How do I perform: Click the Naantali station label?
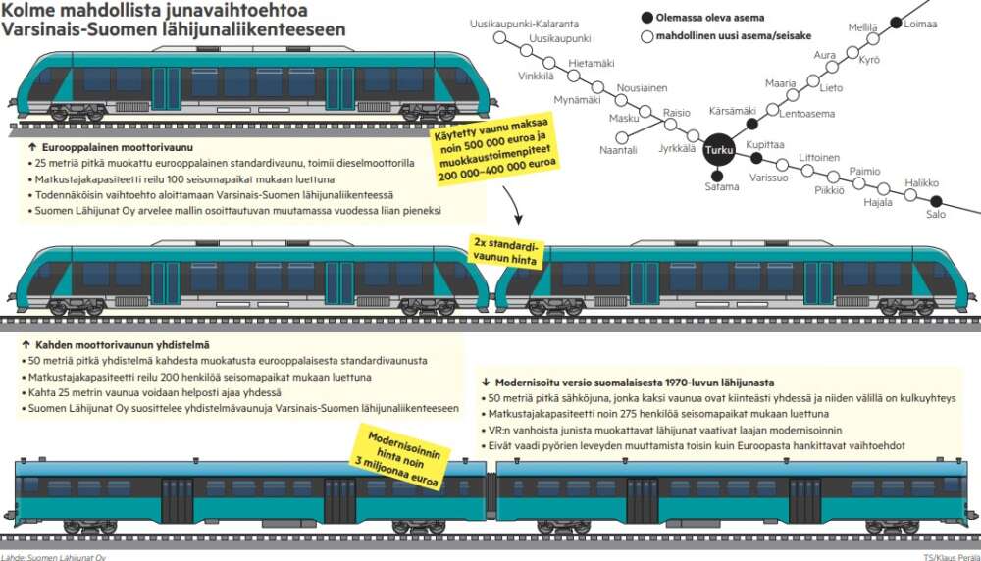click(618, 150)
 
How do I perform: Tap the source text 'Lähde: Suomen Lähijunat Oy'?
click(53, 556)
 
